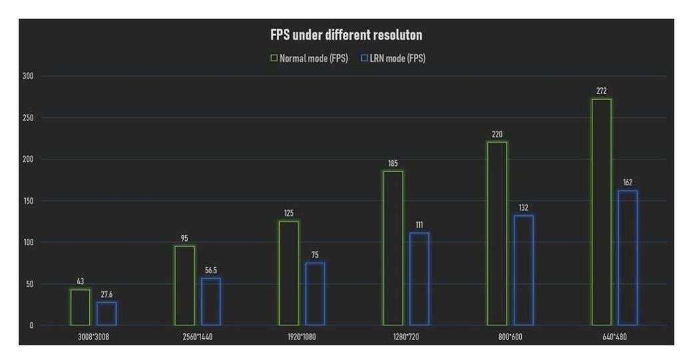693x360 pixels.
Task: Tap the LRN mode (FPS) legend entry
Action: (393, 58)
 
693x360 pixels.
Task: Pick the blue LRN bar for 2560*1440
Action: (211, 301)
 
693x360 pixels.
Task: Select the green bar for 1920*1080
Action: (289, 273)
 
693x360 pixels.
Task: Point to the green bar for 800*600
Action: (497, 233)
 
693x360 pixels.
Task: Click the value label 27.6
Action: (106, 293)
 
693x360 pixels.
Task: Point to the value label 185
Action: (393, 163)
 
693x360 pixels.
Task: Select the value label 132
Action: (524, 207)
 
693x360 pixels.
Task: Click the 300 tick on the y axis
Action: (29, 76)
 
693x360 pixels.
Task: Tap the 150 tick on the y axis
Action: (29, 201)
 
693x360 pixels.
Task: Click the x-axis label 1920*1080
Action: (302, 337)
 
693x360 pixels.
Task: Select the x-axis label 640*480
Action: (614, 337)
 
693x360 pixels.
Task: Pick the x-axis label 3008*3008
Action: (93, 337)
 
